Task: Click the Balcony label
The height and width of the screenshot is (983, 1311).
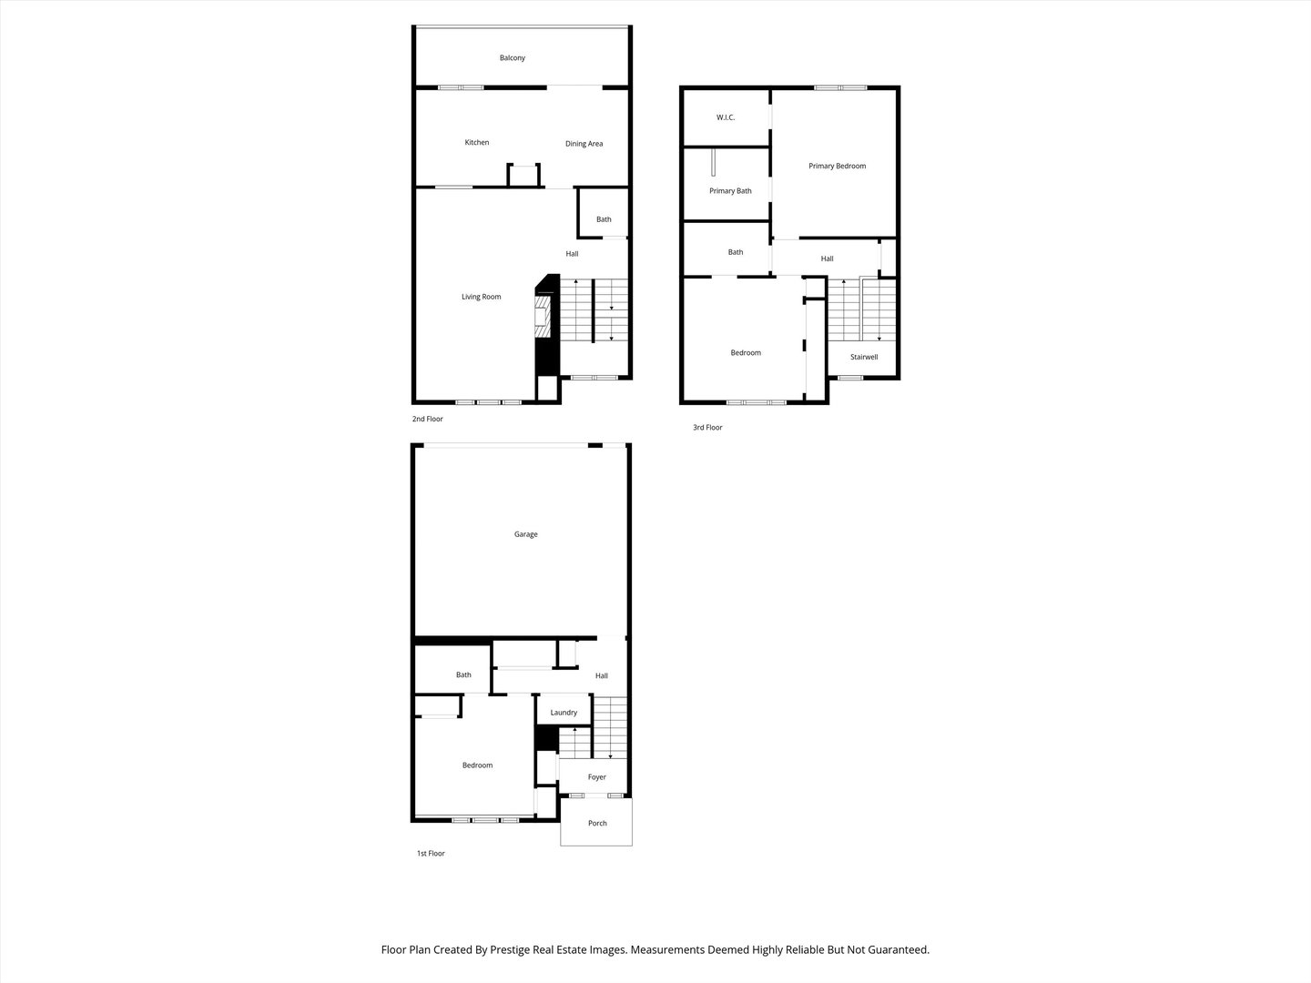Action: pyautogui.click(x=512, y=58)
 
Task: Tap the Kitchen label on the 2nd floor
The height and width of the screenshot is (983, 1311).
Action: pyautogui.click(x=476, y=143)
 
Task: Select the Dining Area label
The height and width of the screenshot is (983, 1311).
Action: pyautogui.click(x=584, y=144)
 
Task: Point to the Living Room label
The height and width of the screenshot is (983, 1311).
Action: pyautogui.click(x=481, y=297)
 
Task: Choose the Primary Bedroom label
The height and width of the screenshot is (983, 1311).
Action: pyautogui.click(x=837, y=167)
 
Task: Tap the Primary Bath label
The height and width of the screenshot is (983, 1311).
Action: pyautogui.click(x=730, y=191)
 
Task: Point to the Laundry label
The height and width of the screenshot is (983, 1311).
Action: pyautogui.click(x=564, y=713)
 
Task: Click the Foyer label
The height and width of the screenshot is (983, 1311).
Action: pyautogui.click(x=596, y=777)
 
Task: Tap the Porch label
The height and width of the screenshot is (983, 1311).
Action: pyautogui.click(x=597, y=824)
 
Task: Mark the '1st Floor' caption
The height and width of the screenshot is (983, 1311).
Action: pyautogui.click(x=431, y=854)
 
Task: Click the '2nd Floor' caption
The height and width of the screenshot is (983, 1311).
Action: pyautogui.click(x=427, y=420)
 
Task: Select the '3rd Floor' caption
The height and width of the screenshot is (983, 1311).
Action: pyautogui.click(x=706, y=428)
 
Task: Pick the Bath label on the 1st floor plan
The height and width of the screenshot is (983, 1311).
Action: pyautogui.click(x=463, y=675)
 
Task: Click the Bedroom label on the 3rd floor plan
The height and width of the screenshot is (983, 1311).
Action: pyautogui.click(x=745, y=353)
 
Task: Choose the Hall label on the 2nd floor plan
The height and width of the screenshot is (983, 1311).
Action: pyautogui.click(x=572, y=254)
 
